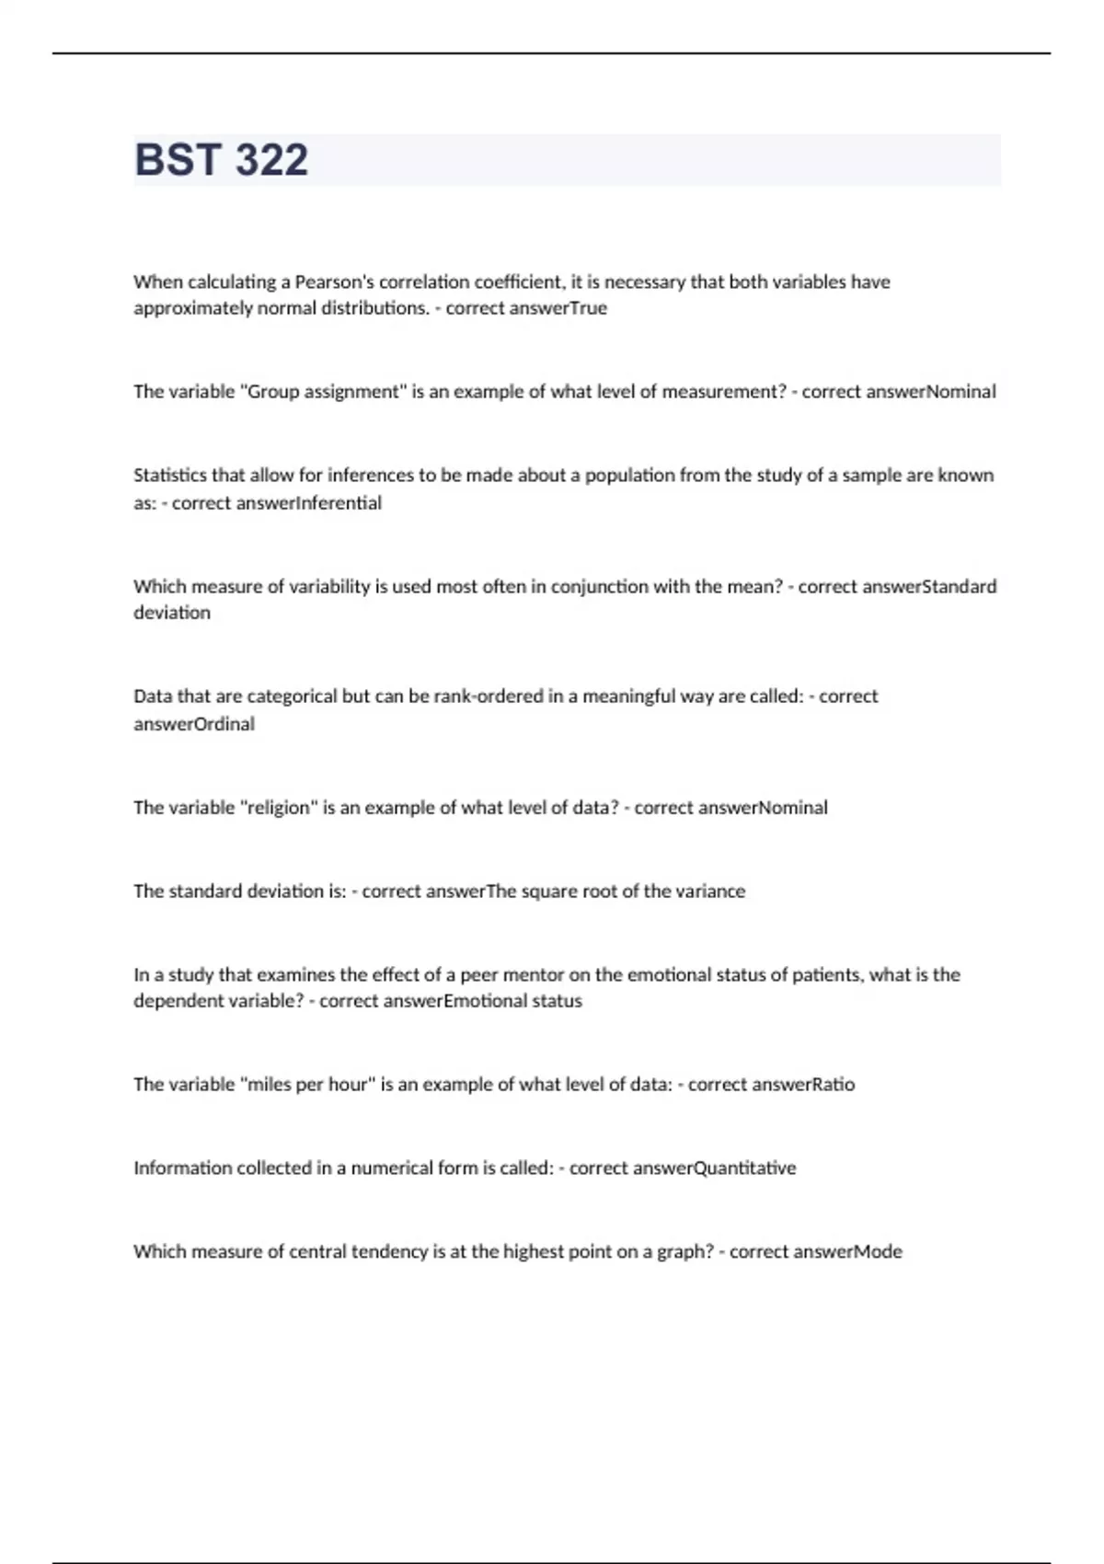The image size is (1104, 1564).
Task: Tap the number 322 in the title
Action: [x=270, y=160]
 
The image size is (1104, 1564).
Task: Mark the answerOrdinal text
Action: [x=194, y=724]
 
